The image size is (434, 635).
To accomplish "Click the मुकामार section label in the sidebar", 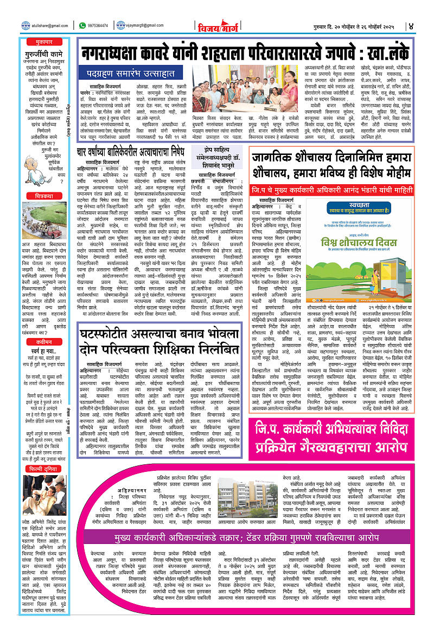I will pyautogui.click(x=36, y=40).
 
